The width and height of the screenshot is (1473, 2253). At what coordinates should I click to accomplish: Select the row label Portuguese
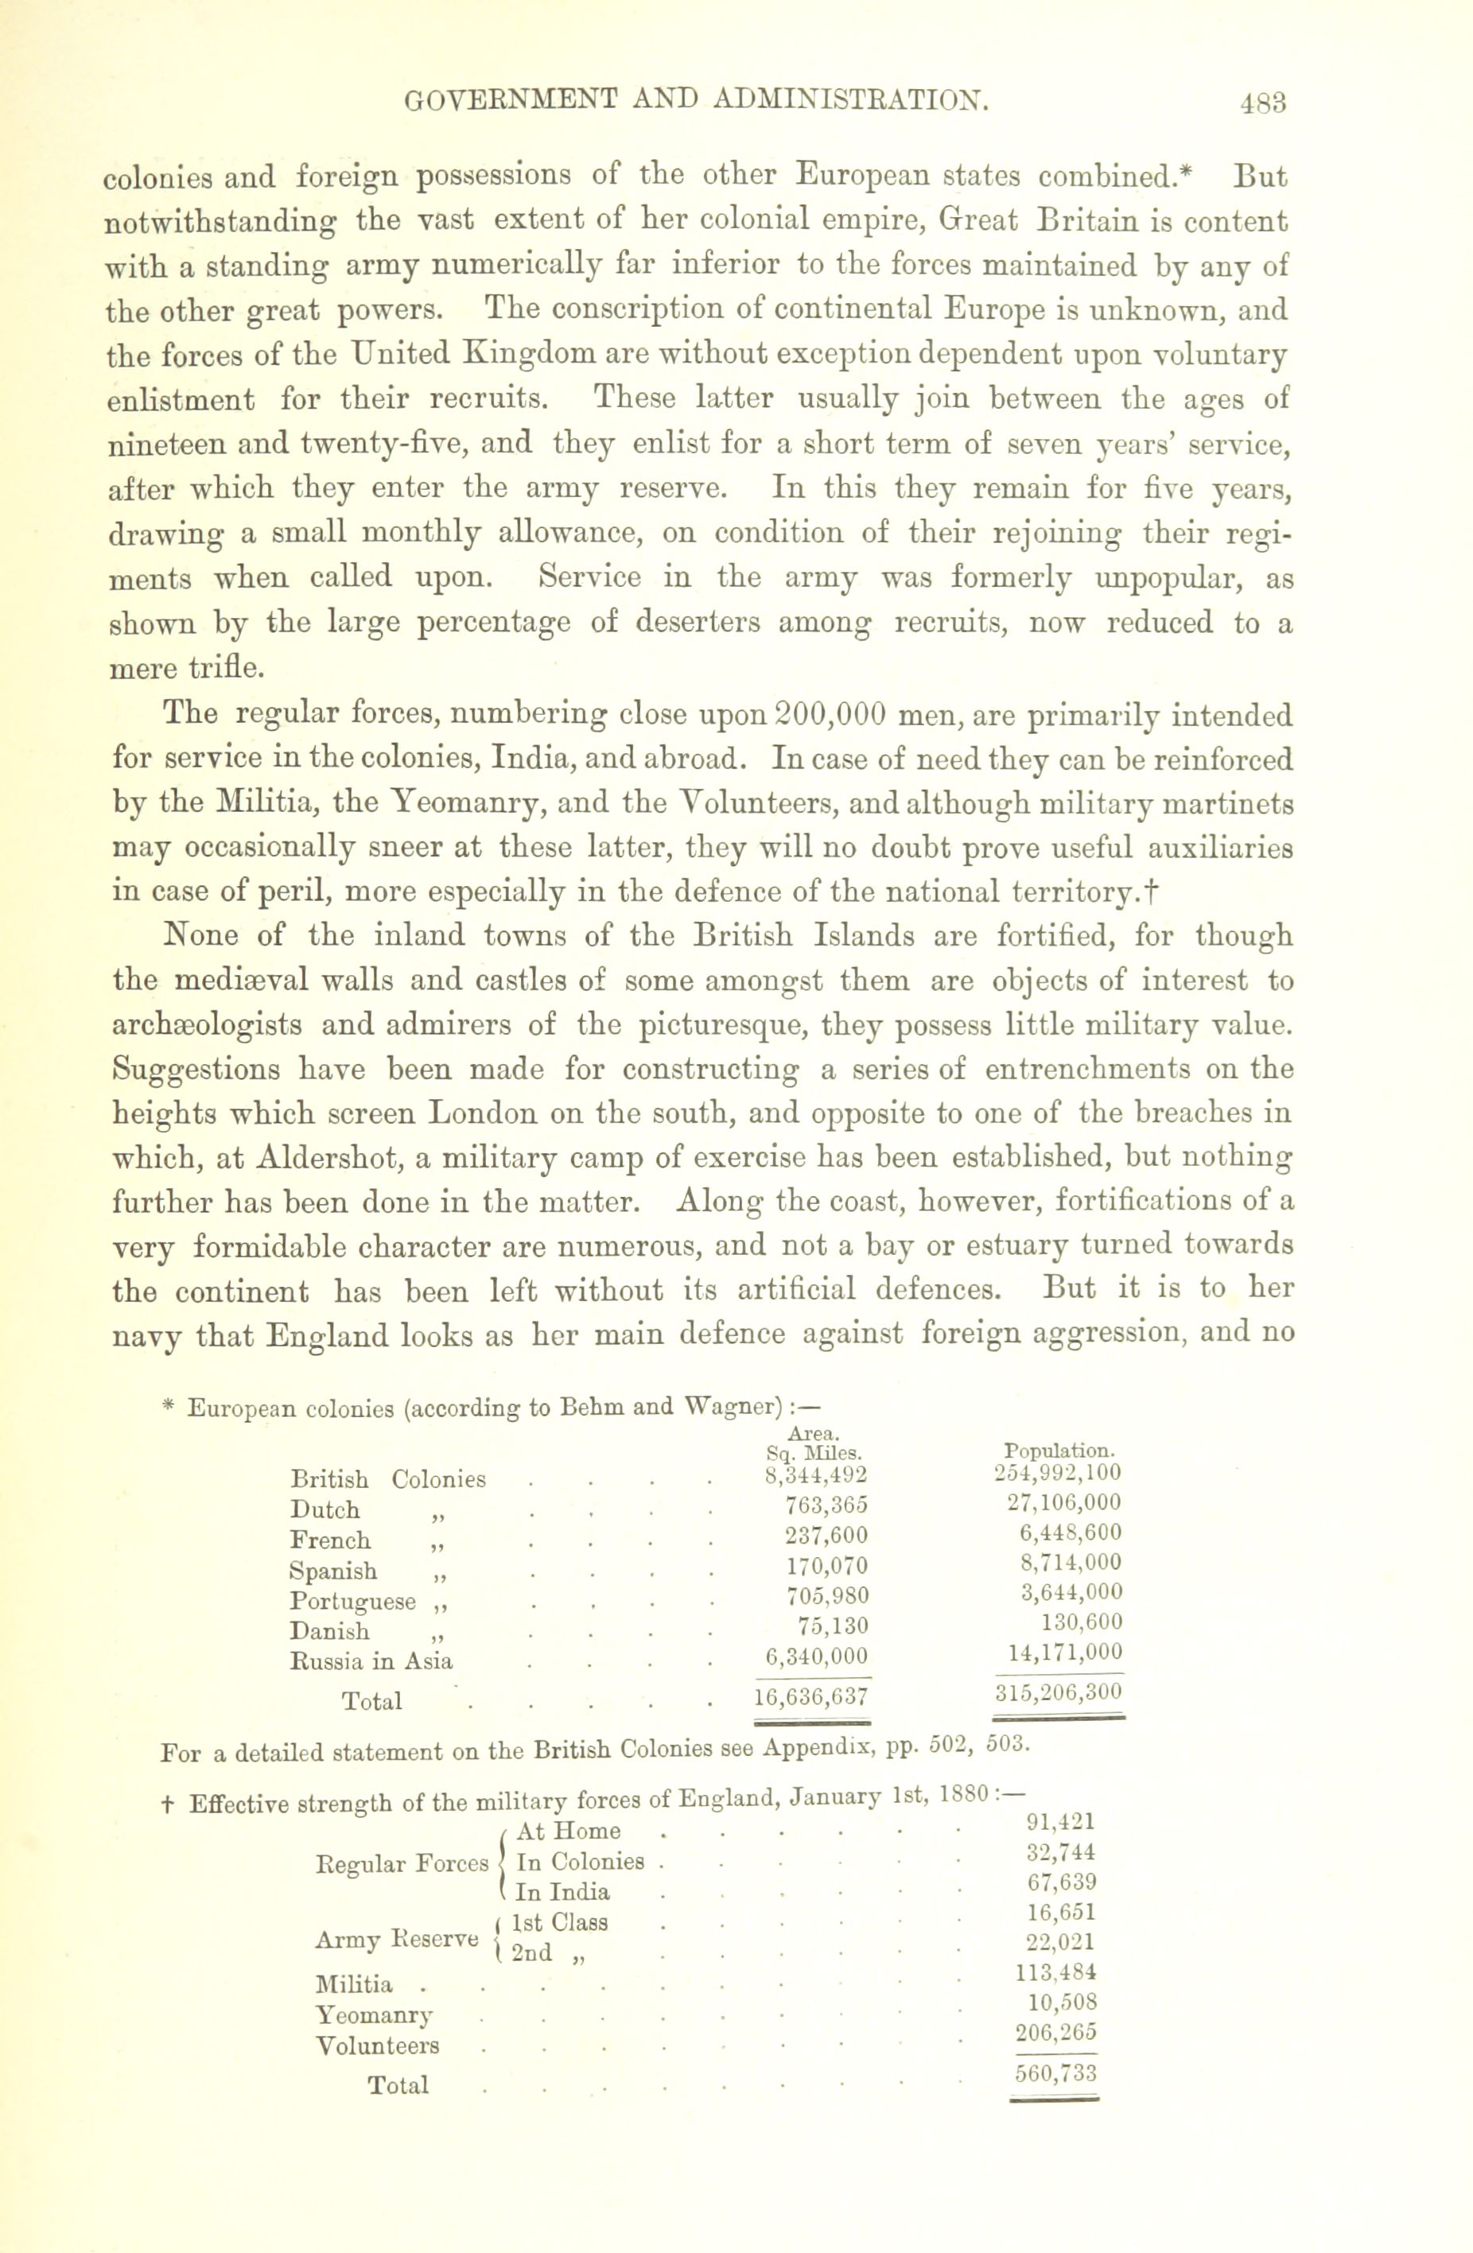[352, 1601]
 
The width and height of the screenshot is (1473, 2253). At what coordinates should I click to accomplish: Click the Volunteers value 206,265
[1055, 2033]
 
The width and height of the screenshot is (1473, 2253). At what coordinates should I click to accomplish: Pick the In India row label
[562, 1892]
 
